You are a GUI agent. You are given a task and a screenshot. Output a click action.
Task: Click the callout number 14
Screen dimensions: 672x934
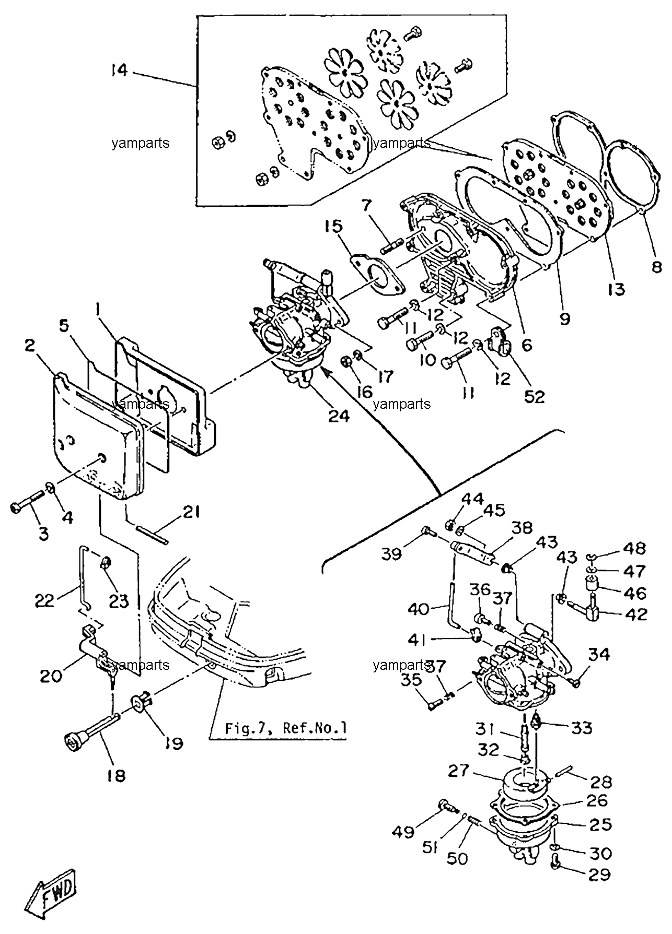pos(119,70)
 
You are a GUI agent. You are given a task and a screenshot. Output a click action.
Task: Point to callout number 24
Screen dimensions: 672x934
pos(340,416)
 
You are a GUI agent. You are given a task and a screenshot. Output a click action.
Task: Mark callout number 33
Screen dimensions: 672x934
pos(581,727)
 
